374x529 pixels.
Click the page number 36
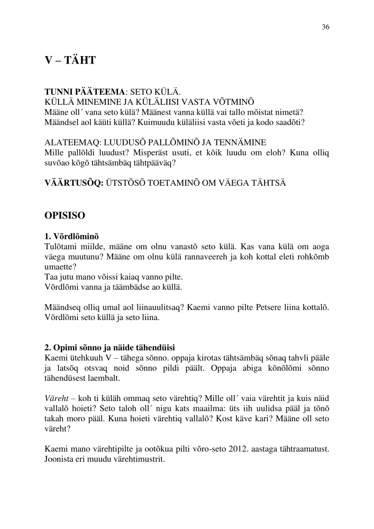tap(325, 28)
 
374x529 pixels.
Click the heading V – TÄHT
tap(70, 60)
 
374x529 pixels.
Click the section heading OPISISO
tap(67, 216)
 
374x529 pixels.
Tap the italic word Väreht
tap(56, 397)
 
